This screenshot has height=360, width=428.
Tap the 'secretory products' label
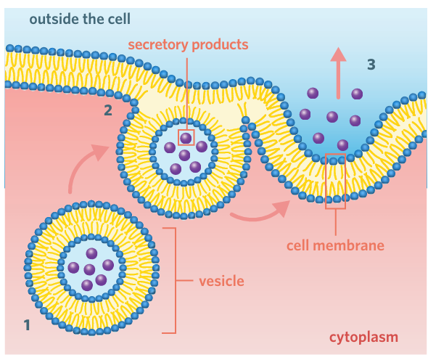188,44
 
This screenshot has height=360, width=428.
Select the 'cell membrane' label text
334,245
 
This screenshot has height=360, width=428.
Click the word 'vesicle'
221,280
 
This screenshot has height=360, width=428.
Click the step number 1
27,325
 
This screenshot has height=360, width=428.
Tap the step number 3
371,64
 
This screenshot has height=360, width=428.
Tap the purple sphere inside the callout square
186,137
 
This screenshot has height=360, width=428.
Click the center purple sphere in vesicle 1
90,269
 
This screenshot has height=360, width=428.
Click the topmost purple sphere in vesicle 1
91,253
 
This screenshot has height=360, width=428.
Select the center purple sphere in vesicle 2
184,155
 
